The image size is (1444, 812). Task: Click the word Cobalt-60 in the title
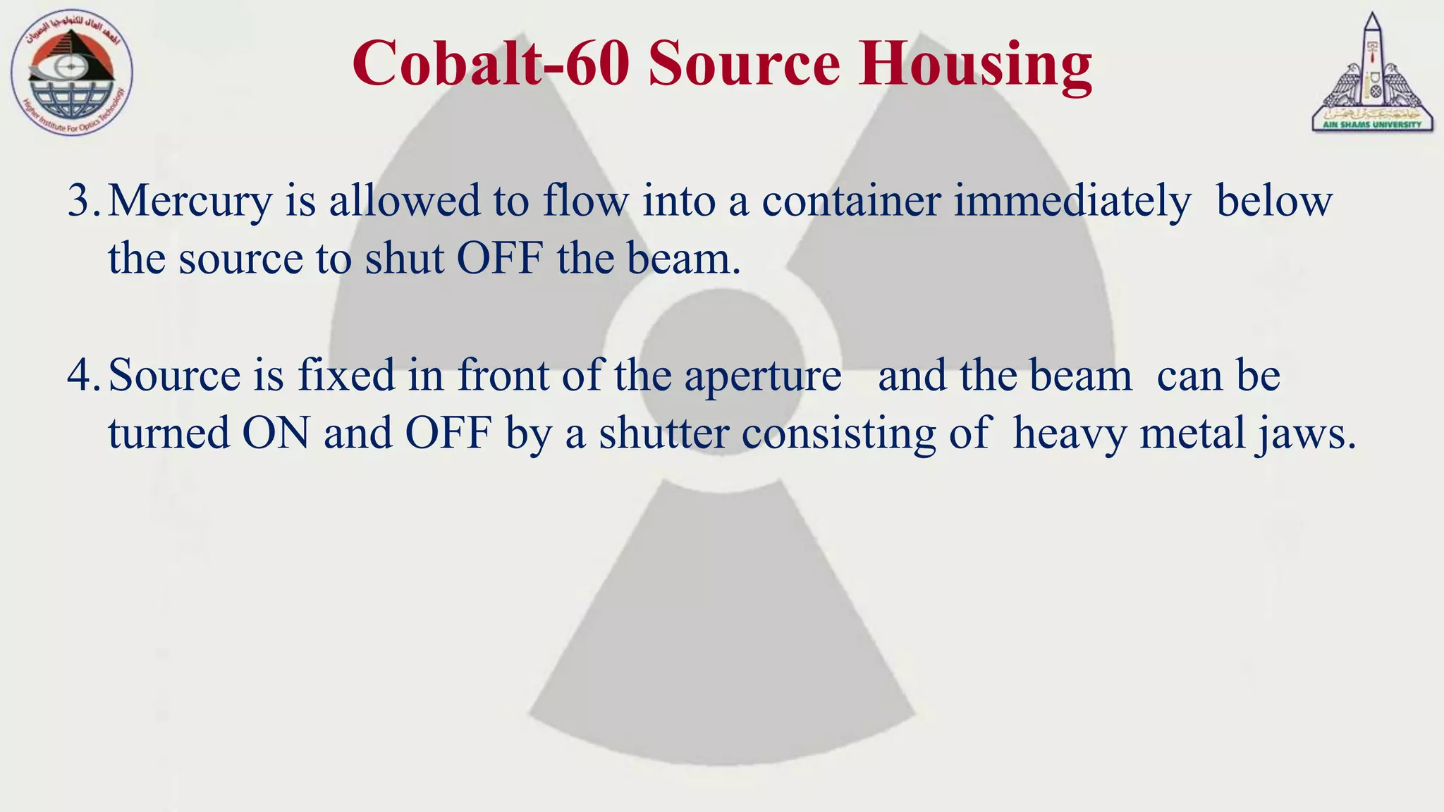[x=491, y=63]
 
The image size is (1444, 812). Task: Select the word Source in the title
[x=744, y=63]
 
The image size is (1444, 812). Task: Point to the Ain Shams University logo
[x=1371, y=74]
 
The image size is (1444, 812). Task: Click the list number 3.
[x=84, y=201]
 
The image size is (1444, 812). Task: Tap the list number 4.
[x=84, y=375]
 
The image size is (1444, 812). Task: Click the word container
[x=851, y=201]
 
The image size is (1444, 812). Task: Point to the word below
[x=1274, y=201]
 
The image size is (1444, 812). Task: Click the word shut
[x=404, y=259]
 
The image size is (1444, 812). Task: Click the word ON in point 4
[x=276, y=433]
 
